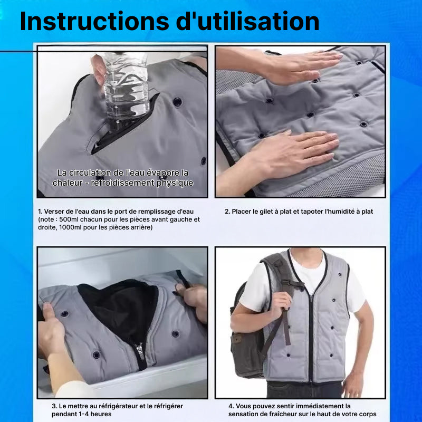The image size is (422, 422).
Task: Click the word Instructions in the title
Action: pos(94,21)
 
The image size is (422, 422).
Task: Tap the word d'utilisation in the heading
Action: pos(247,21)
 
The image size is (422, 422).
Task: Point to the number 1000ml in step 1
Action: pos(70,227)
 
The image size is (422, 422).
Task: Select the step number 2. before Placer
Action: pos(227,212)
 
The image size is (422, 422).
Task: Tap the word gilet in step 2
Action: pos(255,212)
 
